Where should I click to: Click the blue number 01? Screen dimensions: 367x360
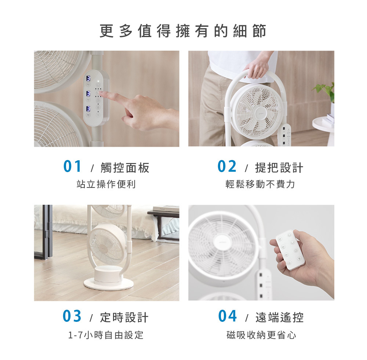(72, 167)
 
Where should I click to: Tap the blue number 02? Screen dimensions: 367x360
(227, 167)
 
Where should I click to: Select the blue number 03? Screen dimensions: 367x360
(72, 316)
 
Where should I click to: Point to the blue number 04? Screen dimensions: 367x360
(227, 316)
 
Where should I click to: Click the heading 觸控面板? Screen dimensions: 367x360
(125, 168)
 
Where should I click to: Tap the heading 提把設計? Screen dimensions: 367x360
(279, 168)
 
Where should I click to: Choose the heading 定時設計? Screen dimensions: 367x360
(124, 317)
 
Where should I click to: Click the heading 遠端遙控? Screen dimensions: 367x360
(279, 317)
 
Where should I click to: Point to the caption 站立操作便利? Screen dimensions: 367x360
(106, 184)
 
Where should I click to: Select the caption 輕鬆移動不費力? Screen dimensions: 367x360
(260, 184)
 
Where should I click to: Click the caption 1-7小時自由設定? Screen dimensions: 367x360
(106, 335)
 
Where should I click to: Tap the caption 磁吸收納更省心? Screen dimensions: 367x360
(261, 335)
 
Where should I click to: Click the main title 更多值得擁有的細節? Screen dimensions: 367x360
(183, 31)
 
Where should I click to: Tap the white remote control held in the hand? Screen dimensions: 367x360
(290, 250)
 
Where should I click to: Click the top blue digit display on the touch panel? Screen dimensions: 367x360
(88, 79)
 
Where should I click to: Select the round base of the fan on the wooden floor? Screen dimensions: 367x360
(109, 283)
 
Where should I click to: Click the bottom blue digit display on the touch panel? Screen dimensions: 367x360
(88, 109)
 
